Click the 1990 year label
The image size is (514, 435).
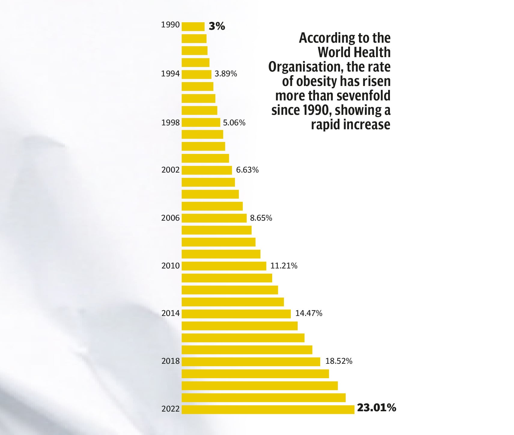click(x=170, y=25)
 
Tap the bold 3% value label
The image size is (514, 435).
click(x=217, y=26)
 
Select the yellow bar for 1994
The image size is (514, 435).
click(x=196, y=74)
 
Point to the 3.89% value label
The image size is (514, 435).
click(x=226, y=74)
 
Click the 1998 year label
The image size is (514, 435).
click(x=170, y=123)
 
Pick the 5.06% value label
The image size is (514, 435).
click(x=234, y=123)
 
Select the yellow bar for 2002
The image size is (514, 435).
click(x=207, y=170)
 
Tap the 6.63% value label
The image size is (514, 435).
click(x=247, y=170)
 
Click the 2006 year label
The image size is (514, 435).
click(x=170, y=218)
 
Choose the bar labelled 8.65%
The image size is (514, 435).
click(x=214, y=218)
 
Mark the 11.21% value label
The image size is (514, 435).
click(x=284, y=266)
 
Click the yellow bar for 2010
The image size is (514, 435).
click(x=224, y=266)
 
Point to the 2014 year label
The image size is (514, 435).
click(x=170, y=313)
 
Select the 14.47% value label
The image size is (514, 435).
click(x=309, y=313)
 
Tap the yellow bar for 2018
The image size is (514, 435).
click(x=251, y=362)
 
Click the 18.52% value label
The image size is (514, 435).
click(x=339, y=361)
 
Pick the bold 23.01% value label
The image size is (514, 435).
click(x=376, y=408)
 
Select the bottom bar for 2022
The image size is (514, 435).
click(x=268, y=409)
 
